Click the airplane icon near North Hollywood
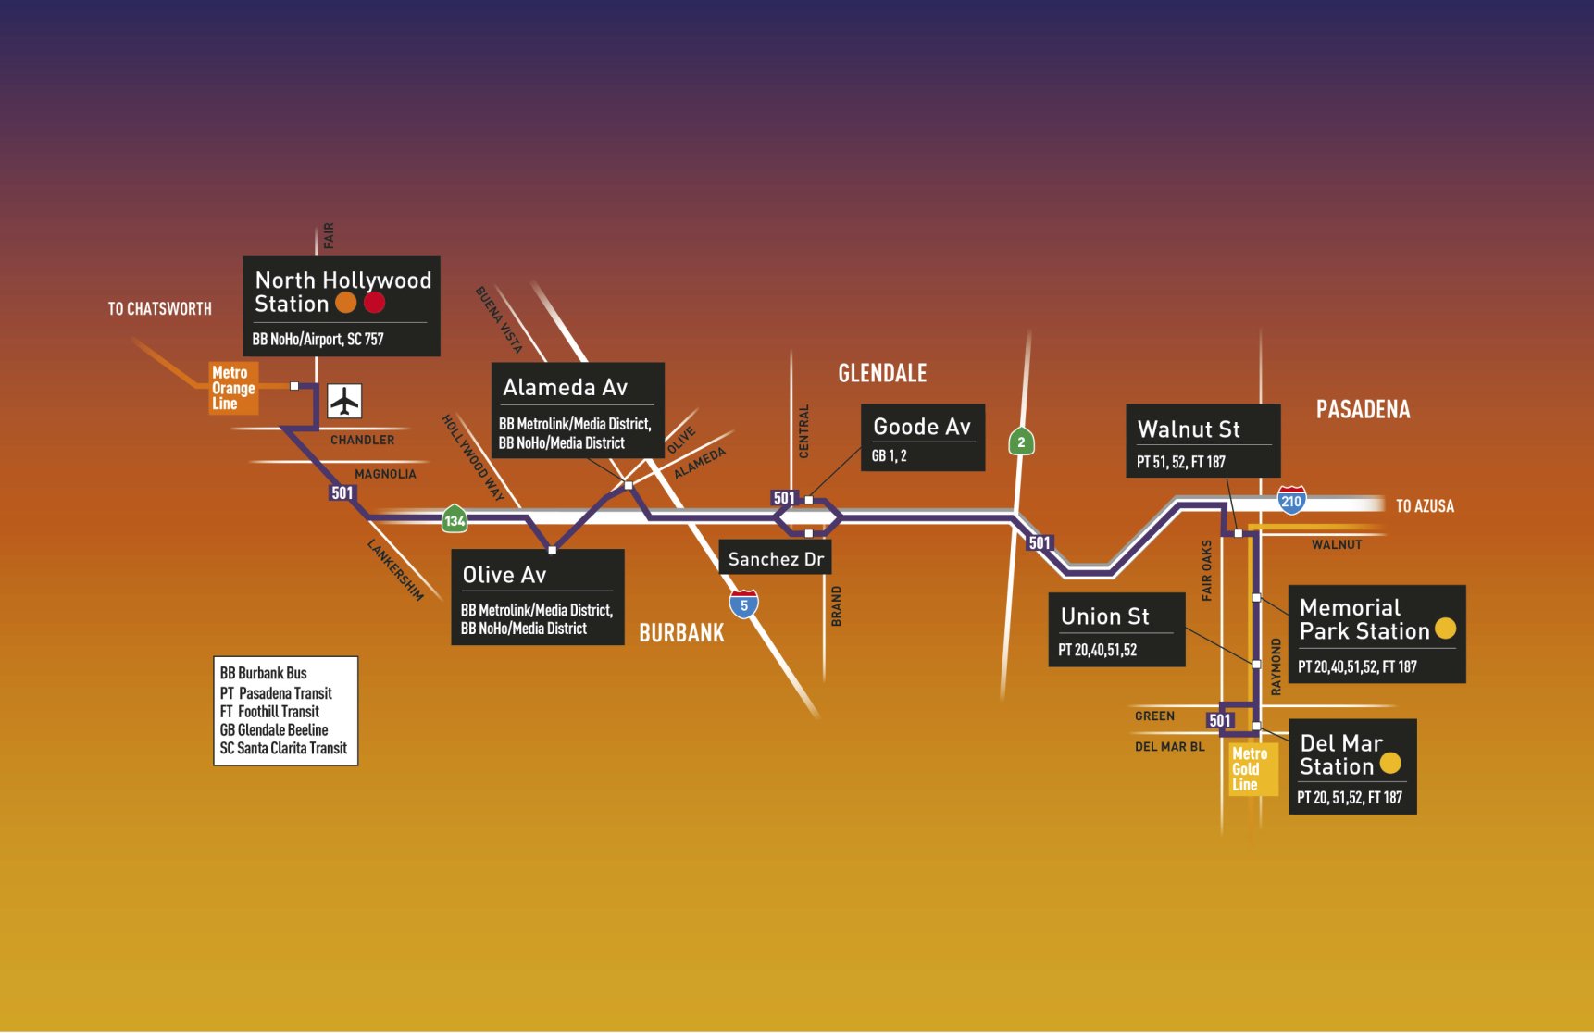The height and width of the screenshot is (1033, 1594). [x=344, y=402]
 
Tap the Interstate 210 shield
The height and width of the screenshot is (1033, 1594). [x=1291, y=500]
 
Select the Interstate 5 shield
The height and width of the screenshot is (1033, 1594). [x=743, y=604]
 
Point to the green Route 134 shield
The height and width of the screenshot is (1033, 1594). [x=455, y=519]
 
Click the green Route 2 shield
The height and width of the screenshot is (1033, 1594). [x=1021, y=442]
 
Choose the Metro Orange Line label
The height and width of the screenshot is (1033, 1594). [x=232, y=388]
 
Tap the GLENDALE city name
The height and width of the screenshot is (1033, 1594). [x=882, y=373]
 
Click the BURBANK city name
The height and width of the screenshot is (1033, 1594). [x=681, y=633]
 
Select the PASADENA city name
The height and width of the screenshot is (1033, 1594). [x=1363, y=410]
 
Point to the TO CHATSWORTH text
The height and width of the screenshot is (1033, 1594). [x=159, y=309]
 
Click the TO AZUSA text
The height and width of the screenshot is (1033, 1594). [x=1425, y=506]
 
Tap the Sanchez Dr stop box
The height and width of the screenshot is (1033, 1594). [x=776, y=559]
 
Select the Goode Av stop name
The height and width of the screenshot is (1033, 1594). [x=922, y=427]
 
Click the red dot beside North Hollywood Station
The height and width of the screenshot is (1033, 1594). [x=374, y=303]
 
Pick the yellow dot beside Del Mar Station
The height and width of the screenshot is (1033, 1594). [x=1390, y=764]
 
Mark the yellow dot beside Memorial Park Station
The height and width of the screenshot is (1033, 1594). [x=1445, y=629]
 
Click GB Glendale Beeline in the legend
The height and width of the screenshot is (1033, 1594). [x=274, y=730]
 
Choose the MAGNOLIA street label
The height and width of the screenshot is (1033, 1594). [x=385, y=474]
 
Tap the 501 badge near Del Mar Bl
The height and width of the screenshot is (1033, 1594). [x=1220, y=720]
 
